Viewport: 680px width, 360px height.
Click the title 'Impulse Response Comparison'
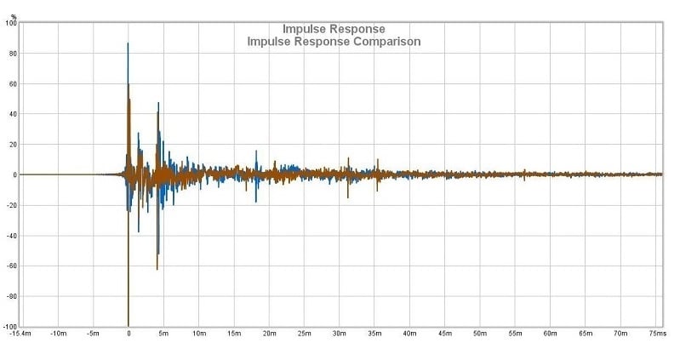(x=334, y=41)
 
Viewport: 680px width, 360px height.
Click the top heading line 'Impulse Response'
(x=334, y=28)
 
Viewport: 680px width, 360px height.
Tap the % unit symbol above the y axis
(x=14, y=16)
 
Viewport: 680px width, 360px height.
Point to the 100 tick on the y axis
(x=10, y=23)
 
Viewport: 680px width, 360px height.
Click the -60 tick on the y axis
(x=10, y=266)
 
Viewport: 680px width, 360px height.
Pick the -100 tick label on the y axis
(x=9, y=327)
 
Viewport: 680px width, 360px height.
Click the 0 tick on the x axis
(x=129, y=334)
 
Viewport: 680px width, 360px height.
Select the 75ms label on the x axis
(x=655, y=334)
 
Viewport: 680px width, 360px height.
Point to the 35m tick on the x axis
(x=375, y=334)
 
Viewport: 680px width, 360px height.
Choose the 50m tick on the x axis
(x=481, y=334)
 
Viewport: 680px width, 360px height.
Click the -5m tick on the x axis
(x=93, y=334)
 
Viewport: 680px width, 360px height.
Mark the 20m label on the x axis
(x=269, y=334)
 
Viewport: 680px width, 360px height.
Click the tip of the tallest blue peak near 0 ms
(x=128, y=43)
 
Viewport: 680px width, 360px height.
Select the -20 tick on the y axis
(x=10, y=205)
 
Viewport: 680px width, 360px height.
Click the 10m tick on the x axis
(x=198, y=334)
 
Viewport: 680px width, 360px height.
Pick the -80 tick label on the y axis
(x=10, y=297)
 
